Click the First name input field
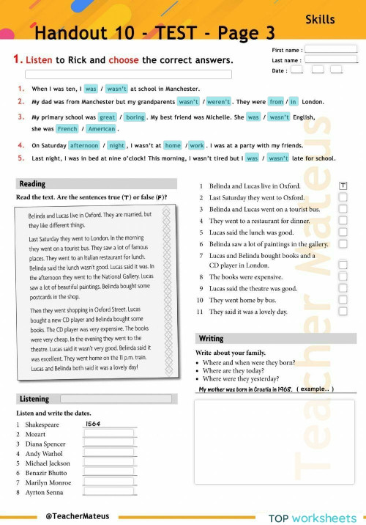[x=331, y=50]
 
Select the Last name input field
[x=331, y=60]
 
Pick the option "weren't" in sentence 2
[x=218, y=102]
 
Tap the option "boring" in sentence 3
[x=135, y=117]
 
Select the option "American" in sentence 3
[x=101, y=129]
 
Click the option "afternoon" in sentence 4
[x=84, y=145]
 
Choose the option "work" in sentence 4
[x=196, y=145]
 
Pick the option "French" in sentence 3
[x=67, y=129]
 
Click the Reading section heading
[x=32, y=184]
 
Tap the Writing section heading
[x=211, y=339]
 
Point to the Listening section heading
[x=35, y=399]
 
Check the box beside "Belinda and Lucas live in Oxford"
[x=343, y=186]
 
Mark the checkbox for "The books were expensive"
[x=343, y=278]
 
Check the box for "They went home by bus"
[x=343, y=300]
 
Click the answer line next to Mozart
[x=110, y=434]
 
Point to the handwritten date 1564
[x=93, y=424]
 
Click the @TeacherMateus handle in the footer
[x=77, y=515]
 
